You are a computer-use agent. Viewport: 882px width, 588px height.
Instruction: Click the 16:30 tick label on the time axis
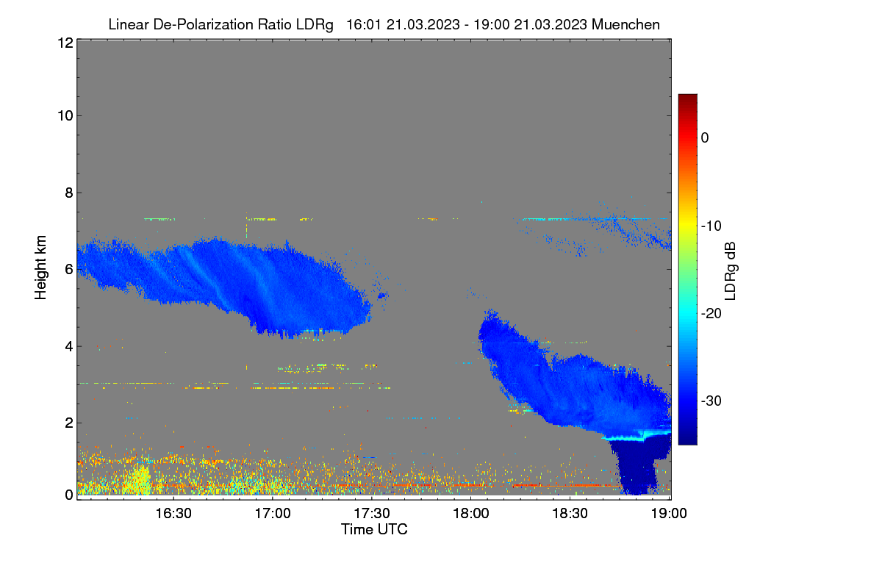point(173,514)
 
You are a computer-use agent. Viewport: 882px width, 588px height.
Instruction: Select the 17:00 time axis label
point(273,514)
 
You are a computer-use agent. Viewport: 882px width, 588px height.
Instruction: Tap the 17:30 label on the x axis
point(372,514)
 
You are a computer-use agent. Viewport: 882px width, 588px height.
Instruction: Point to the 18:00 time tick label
point(471,514)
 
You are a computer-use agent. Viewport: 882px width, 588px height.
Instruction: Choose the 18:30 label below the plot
point(570,514)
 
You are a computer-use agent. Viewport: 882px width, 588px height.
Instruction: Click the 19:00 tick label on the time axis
point(669,514)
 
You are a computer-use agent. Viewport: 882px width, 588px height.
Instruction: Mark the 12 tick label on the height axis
point(65,43)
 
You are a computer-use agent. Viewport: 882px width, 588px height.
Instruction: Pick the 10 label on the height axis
point(65,116)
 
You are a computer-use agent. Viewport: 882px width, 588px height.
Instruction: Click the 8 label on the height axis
point(69,193)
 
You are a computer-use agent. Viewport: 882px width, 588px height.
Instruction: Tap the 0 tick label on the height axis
point(69,495)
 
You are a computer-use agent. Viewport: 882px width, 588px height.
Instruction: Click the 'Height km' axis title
point(40,268)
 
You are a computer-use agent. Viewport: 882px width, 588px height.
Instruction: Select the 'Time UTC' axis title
point(374,529)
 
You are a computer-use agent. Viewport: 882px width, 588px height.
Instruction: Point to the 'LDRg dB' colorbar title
point(731,271)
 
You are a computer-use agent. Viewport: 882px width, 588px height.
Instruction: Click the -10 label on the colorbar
point(711,226)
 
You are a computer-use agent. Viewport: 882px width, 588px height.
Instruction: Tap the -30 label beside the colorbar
point(711,401)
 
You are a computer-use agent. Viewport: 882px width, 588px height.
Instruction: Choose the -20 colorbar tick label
point(711,314)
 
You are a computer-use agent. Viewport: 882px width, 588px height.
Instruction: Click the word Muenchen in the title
point(625,24)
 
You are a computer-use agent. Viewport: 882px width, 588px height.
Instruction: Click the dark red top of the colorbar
point(687,98)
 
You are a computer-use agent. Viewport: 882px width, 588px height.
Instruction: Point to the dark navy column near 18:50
point(637,469)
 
